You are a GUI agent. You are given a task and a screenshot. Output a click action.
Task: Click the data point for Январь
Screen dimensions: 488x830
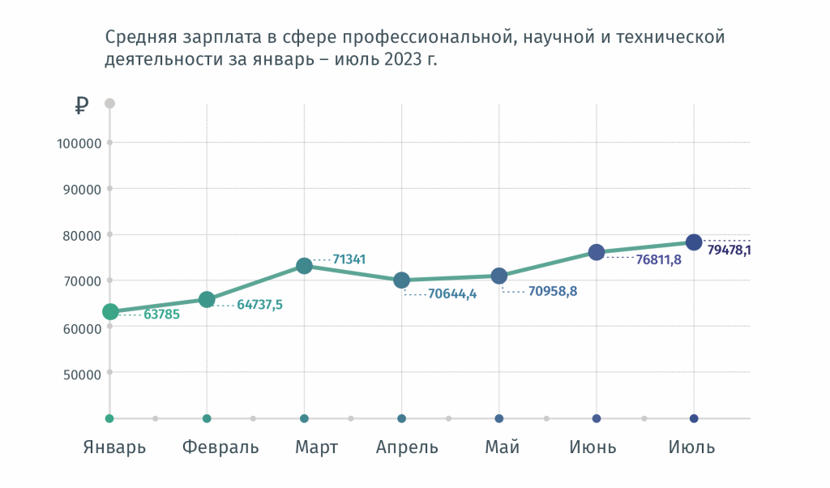point(110,311)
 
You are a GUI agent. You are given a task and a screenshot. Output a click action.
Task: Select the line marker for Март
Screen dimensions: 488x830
point(304,266)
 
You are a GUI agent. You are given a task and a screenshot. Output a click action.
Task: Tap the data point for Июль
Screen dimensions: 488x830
point(694,242)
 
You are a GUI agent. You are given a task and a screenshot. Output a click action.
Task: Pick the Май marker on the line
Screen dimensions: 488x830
point(499,276)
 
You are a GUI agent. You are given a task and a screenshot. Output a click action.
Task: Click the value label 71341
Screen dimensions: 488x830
point(349,259)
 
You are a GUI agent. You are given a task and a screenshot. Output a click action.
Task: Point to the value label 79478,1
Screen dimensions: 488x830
point(729,250)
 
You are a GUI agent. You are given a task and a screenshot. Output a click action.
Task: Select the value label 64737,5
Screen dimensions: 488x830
point(259,305)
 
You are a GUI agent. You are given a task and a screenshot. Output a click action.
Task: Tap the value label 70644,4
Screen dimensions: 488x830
point(452,293)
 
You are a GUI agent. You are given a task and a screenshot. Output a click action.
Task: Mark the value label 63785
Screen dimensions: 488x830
point(161,314)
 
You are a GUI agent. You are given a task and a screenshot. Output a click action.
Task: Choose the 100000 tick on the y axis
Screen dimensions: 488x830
point(79,143)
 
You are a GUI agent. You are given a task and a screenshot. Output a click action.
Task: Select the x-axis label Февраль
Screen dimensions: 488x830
point(220,447)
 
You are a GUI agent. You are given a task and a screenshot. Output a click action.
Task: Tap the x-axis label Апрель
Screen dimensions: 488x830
point(407,447)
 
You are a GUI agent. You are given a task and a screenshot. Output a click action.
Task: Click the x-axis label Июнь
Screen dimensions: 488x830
point(593,447)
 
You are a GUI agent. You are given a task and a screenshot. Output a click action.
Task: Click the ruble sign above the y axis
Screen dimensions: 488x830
point(81,105)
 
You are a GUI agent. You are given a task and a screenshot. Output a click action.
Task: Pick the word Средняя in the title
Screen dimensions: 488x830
point(136,37)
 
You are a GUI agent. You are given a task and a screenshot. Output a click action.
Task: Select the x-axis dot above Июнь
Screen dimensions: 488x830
point(597,418)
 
